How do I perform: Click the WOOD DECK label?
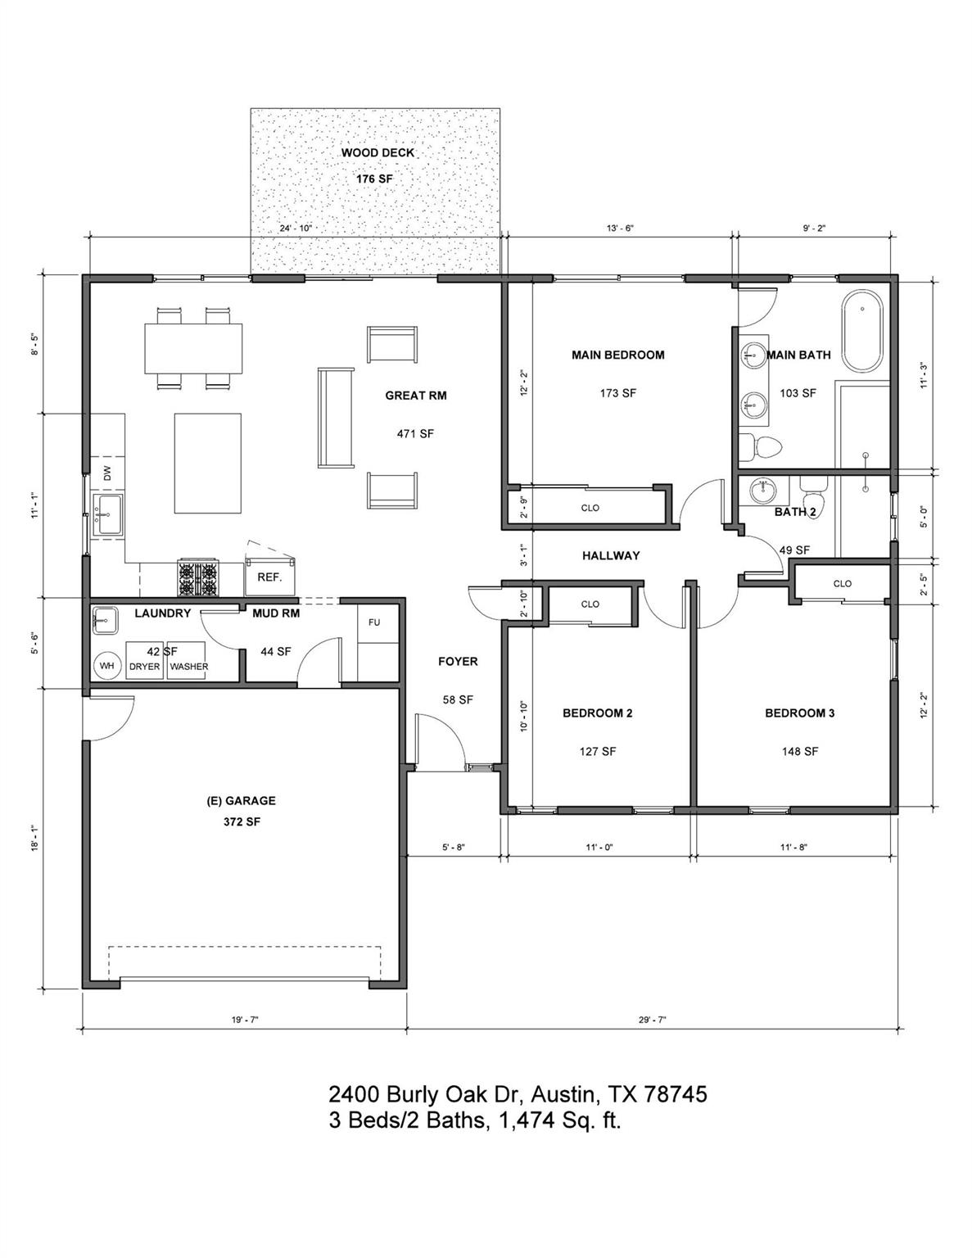pyautogui.click(x=377, y=153)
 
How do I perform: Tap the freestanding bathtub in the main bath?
pyautogui.click(x=863, y=331)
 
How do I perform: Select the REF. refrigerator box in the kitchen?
pyautogui.click(x=269, y=577)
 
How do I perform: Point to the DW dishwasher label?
pyautogui.click(x=106, y=473)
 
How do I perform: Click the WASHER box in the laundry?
pyautogui.click(x=188, y=666)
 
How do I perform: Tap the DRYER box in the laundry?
pyautogui.click(x=145, y=666)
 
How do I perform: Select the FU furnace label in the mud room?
pyautogui.click(x=374, y=622)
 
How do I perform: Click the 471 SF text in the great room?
pyautogui.click(x=415, y=434)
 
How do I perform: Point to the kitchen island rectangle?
pyautogui.click(x=207, y=463)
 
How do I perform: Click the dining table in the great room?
pyautogui.click(x=194, y=348)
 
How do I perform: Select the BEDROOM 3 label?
pyautogui.click(x=799, y=713)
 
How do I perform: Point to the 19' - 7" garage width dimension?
pyautogui.click(x=244, y=1020)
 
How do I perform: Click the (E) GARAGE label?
pyautogui.click(x=241, y=801)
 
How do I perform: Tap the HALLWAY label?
pyautogui.click(x=611, y=555)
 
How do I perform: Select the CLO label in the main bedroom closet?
pyautogui.click(x=590, y=508)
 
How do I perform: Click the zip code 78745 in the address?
pyautogui.click(x=676, y=1094)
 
